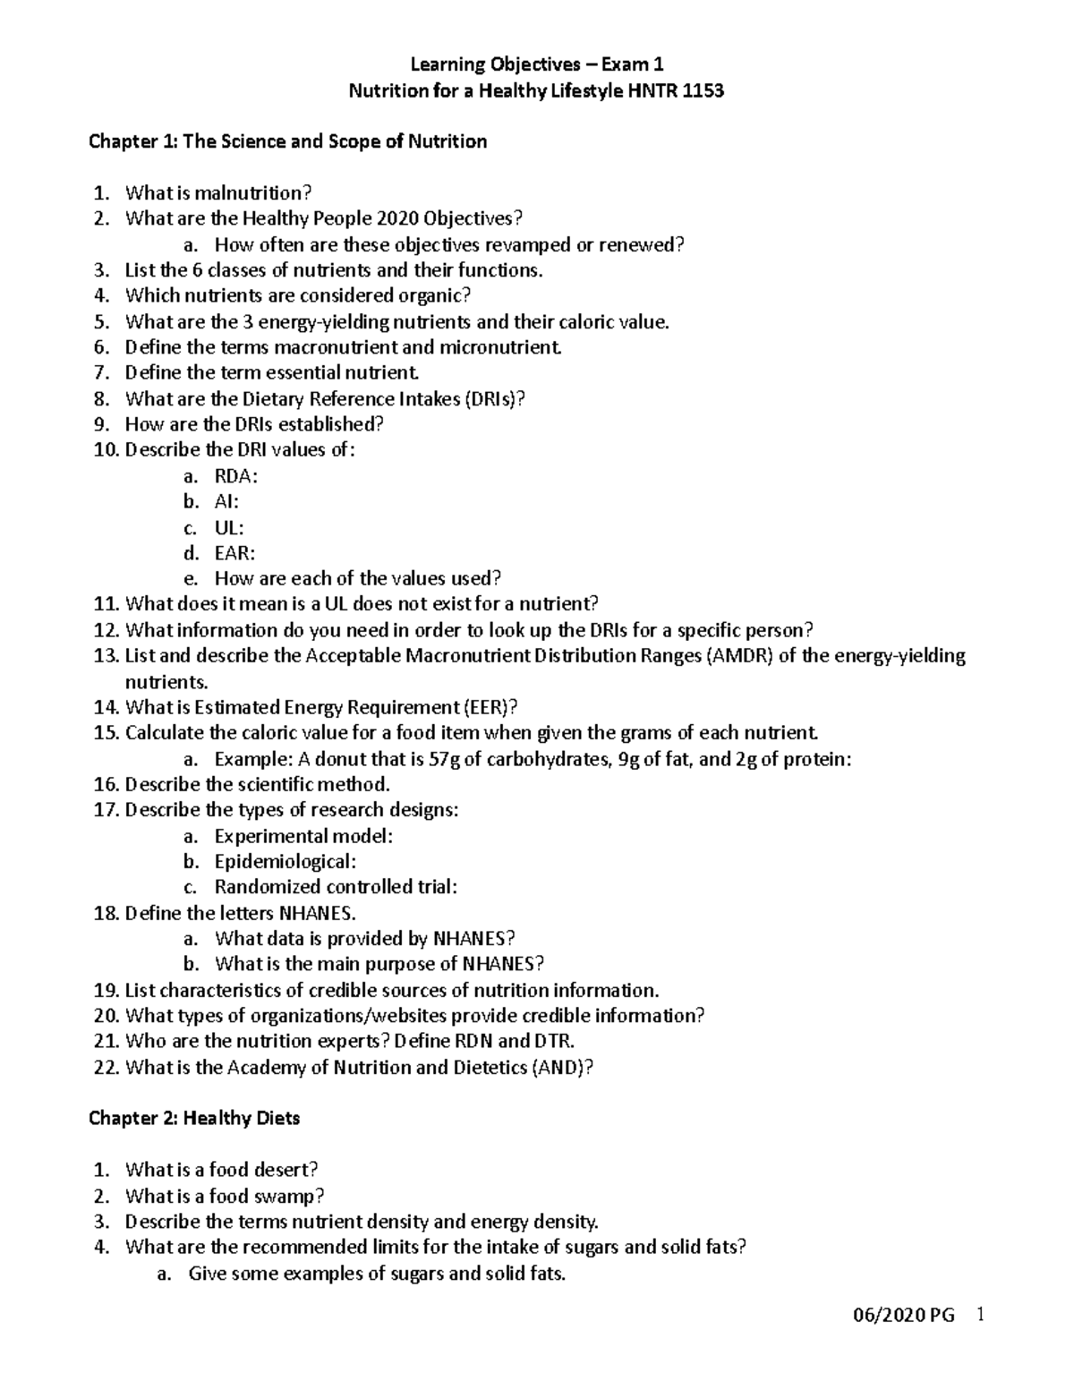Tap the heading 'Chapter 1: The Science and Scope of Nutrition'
[x=287, y=141]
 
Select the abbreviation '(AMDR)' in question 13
[x=741, y=656]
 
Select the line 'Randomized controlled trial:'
[x=336, y=888]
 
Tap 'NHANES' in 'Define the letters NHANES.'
[x=317, y=914]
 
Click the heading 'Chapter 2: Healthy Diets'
[x=194, y=1119]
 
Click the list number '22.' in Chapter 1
[x=107, y=1068]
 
